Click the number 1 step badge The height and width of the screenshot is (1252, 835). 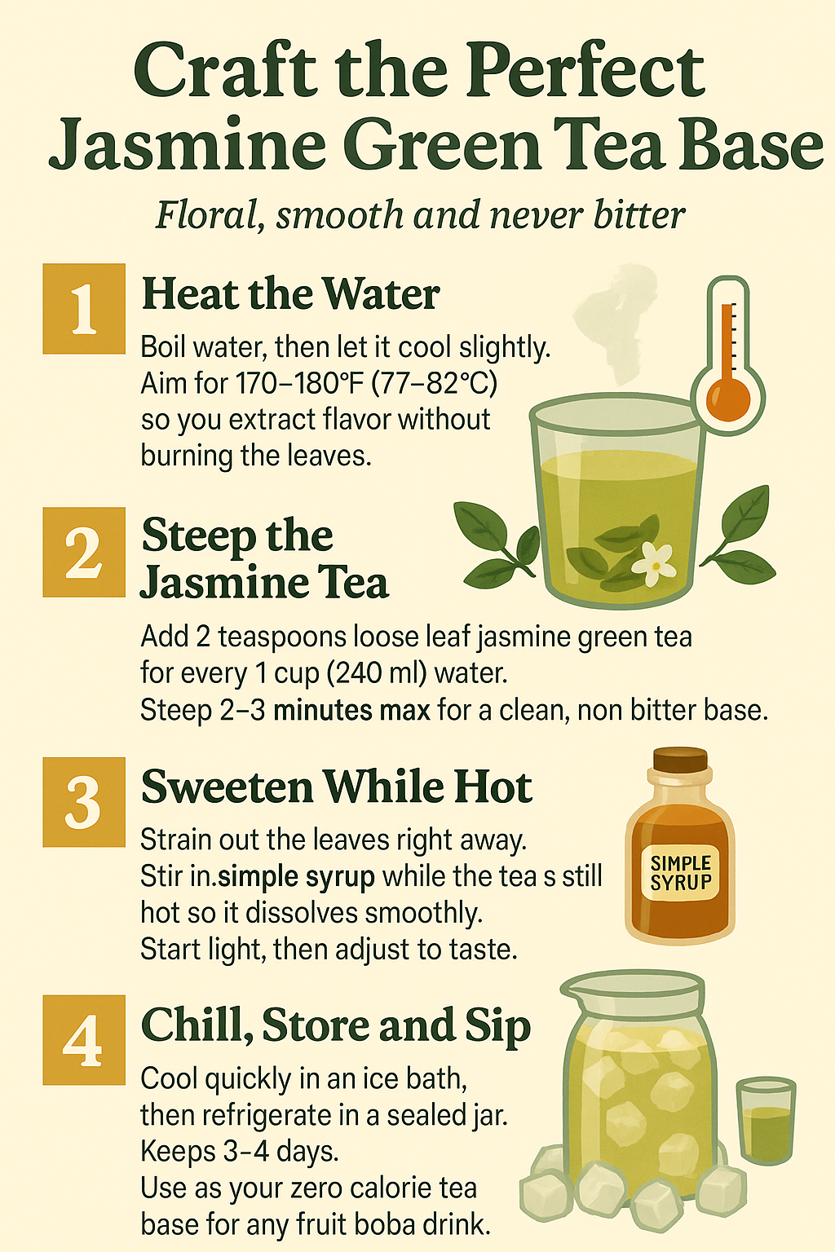coord(84,309)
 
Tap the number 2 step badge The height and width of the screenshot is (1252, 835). coord(84,553)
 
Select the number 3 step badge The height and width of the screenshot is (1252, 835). coord(84,802)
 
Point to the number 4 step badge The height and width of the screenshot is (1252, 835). coord(84,1040)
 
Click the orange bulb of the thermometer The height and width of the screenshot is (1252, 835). coord(728,399)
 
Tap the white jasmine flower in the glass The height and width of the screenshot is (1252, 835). coord(654,561)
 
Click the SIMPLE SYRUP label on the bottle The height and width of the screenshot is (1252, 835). coord(681,873)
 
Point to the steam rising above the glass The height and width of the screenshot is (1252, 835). coord(612,318)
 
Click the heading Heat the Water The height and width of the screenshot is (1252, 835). coord(290,294)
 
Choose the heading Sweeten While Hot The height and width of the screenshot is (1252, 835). coord(336,787)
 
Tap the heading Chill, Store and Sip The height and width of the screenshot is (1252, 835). coord(335,1026)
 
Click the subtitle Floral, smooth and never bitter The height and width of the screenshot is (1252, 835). coord(420,216)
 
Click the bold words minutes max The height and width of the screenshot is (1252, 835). coord(351,710)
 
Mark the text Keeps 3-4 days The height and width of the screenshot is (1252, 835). coord(240,1152)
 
